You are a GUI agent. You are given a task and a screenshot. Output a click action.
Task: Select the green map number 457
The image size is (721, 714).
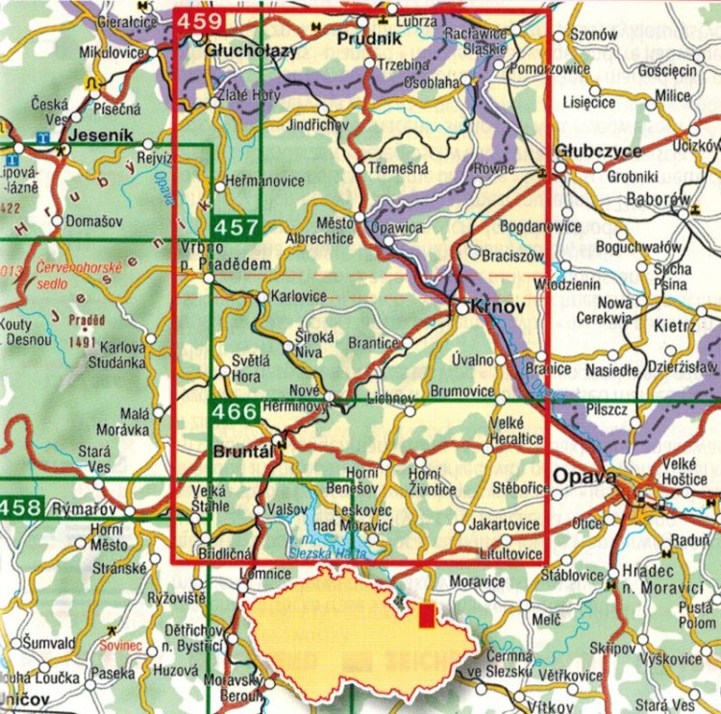(236, 229)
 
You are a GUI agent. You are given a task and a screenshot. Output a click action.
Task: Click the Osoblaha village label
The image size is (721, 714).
(437, 81)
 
